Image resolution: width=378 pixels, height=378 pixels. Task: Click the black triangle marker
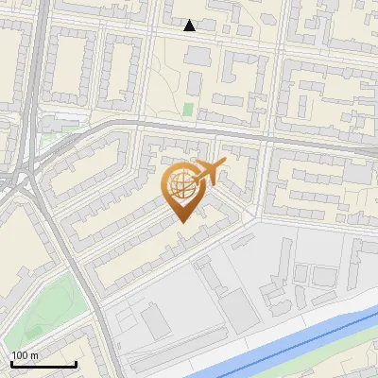pos(190,26)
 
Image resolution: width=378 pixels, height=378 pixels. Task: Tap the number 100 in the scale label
pos(21,354)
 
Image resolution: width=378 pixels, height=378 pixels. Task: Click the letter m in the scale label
pos(35,354)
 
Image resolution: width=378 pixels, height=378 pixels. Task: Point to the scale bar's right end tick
pos(76,363)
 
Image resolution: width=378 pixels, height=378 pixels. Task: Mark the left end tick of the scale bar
pos(10,363)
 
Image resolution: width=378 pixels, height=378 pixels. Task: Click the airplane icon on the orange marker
pos(207,172)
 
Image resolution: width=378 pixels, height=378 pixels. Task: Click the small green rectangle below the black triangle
pos(187,110)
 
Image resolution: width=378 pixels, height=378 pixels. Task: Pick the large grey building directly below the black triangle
pos(198,56)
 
